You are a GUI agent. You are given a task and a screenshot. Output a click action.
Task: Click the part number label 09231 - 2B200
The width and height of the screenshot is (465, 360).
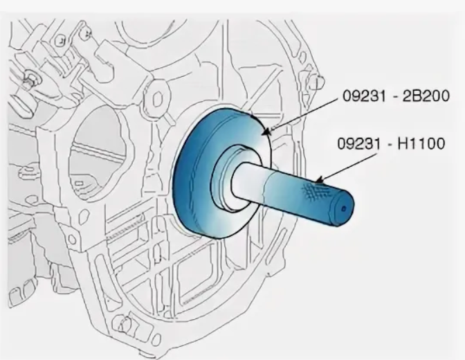[x=396, y=96]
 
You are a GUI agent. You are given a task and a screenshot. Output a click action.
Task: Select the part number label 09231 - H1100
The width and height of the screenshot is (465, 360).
[x=392, y=144]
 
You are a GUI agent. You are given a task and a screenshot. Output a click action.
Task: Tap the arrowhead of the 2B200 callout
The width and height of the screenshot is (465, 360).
[x=267, y=131]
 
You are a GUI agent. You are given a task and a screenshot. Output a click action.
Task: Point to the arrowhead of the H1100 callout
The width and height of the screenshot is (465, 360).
[x=319, y=179]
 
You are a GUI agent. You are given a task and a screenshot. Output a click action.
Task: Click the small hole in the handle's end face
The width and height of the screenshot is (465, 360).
[x=344, y=209]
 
